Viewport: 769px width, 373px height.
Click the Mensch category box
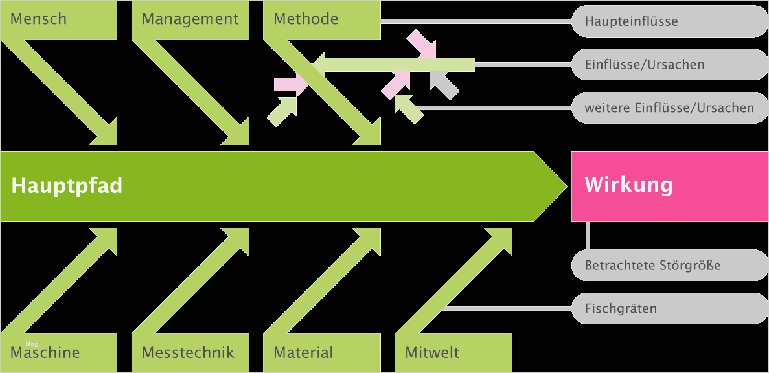tap(58, 19)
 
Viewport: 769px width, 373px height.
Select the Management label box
tap(190, 19)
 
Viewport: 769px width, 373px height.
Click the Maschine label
tap(58, 353)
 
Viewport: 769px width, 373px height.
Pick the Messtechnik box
tap(190, 353)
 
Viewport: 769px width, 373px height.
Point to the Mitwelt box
tap(453, 353)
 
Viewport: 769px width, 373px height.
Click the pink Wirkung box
tap(670, 186)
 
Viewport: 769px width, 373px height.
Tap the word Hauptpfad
tap(67, 186)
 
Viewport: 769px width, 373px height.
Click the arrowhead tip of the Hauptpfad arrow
tap(562, 186)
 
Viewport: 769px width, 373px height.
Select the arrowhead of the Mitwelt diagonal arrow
tap(502, 238)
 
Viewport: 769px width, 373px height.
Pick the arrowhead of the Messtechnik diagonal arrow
tap(239, 238)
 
